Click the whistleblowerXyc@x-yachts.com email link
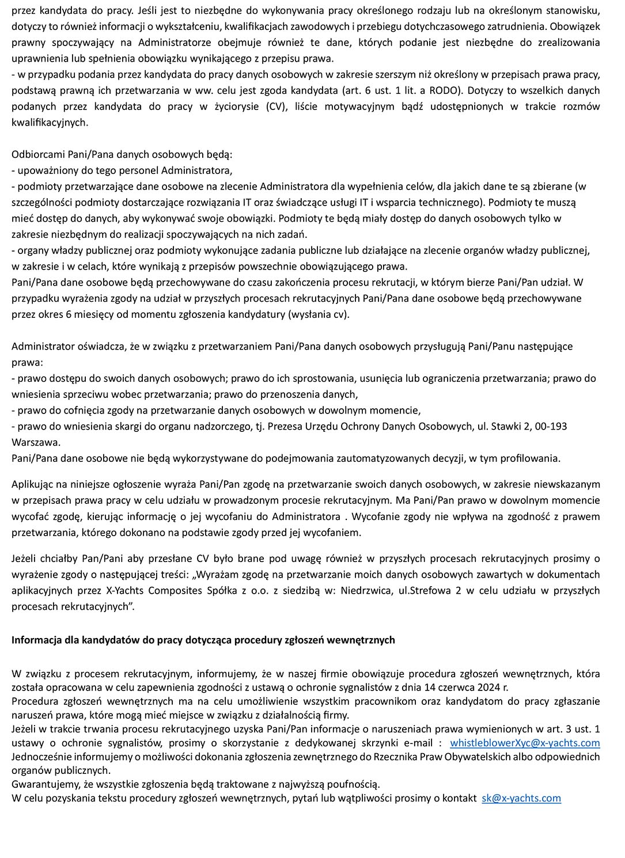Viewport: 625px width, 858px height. [525, 743]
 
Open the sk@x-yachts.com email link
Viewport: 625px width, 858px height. [521, 798]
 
